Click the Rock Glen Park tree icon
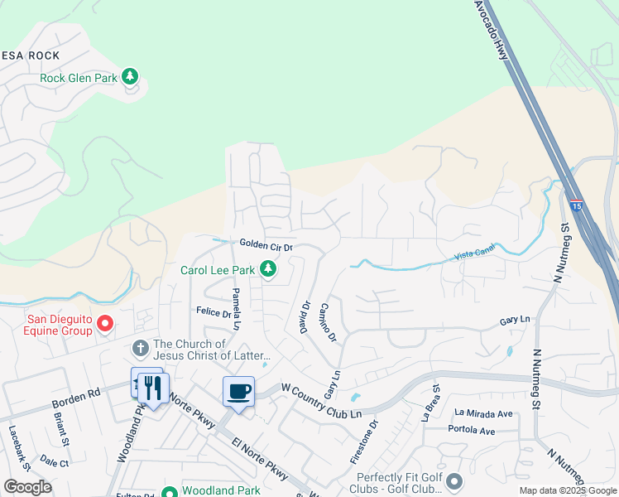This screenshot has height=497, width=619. click(129, 77)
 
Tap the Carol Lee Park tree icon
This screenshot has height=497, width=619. click(268, 268)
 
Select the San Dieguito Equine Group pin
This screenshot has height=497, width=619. click(105, 323)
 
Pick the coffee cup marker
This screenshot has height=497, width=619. click(239, 391)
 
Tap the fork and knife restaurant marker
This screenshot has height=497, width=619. click(153, 387)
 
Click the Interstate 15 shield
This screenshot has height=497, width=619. click(573, 202)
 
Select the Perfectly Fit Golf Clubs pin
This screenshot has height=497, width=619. click(453, 480)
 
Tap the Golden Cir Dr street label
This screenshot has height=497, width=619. click(266, 245)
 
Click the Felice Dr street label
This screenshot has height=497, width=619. click(214, 312)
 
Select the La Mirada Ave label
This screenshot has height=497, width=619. click(483, 413)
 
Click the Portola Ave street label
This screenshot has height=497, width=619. click(471, 430)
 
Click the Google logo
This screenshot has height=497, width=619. click(27, 487)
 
